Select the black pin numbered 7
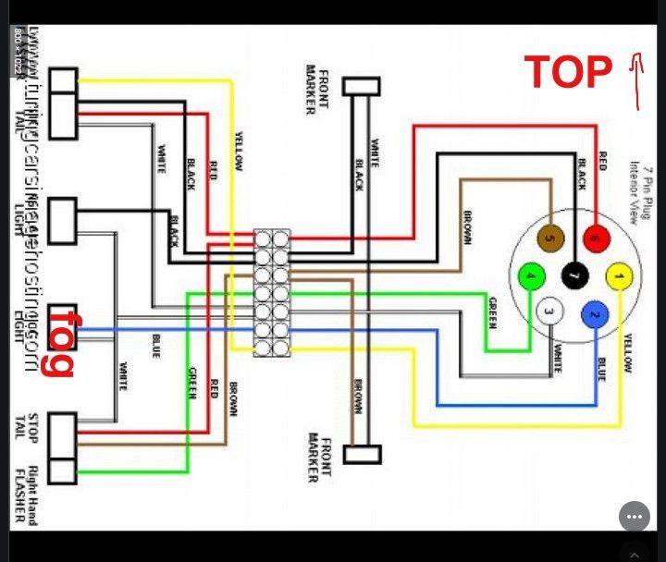(573, 275)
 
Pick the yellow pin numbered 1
(619, 275)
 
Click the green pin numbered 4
(530, 275)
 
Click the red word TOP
(569, 71)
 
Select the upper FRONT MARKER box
(361, 86)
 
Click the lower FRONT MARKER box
(361, 454)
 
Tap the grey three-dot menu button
(634, 516)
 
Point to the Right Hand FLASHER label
(31, 495)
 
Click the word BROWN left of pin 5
(467, 227)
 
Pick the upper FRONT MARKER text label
(316, 90)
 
